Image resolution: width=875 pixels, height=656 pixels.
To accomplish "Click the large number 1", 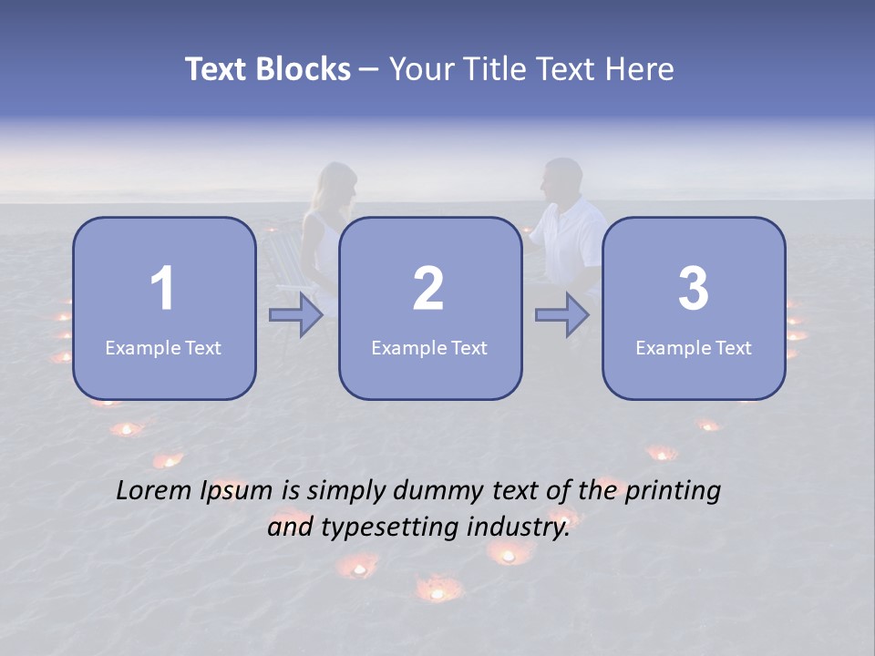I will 162,289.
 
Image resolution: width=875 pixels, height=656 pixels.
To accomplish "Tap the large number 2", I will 428,289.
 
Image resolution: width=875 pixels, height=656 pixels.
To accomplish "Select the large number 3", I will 694,289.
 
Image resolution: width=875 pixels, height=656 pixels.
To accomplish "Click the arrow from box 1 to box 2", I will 296,315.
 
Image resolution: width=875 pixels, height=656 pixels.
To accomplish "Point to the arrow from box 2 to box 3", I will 562,315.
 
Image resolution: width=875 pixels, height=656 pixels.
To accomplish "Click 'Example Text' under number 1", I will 163,348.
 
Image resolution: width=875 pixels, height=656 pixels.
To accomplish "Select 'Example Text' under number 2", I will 429,348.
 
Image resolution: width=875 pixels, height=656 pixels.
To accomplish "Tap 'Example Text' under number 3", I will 694,348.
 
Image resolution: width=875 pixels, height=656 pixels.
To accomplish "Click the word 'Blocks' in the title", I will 304,69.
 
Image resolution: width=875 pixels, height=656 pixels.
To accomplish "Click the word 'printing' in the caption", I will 674,493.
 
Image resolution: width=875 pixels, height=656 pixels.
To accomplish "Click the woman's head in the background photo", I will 335,186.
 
